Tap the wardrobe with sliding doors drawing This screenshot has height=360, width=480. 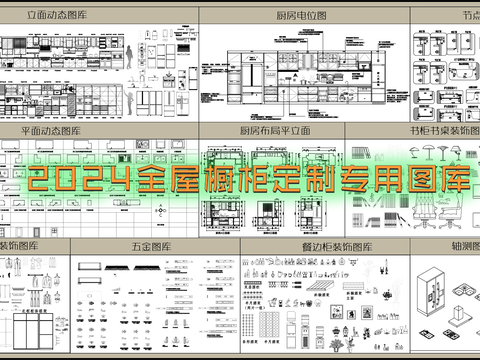[36, 328]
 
